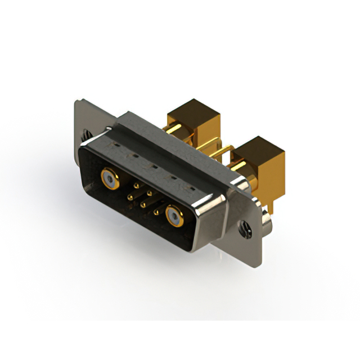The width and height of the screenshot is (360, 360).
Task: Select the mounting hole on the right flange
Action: pyautogui.click(x=245, y=228)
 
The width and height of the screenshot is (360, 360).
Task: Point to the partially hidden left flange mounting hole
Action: pyautogui.click(x=85, y=136)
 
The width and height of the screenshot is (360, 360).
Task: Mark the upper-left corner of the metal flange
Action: pyautogui.click(x=77, y=102)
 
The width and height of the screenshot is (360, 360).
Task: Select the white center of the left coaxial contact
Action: pyautogui.click(x=109, y=179)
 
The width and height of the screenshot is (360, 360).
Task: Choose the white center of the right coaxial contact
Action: pyautogui.click(x=174, y=214)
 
